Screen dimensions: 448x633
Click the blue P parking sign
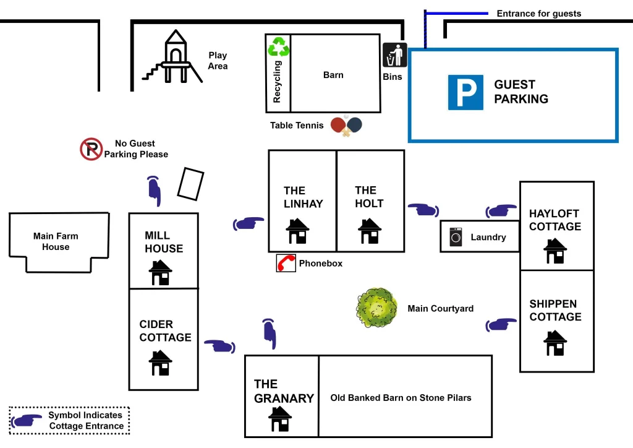point(465,92)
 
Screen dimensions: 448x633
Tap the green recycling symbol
point(278,47)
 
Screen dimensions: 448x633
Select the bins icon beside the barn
point(394,55)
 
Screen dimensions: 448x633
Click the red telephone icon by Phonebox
point(286,263)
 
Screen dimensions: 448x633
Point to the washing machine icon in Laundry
point(456,237)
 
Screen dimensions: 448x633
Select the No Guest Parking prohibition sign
point(91,149)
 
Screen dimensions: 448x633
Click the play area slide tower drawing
point(173,58)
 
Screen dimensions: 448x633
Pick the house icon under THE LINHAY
point(297,231)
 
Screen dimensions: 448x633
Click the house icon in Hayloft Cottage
point(554,251)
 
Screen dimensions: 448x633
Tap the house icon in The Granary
point(280,419)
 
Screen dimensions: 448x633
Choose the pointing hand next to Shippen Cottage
point(501,324)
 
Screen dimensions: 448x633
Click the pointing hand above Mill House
point(154,191)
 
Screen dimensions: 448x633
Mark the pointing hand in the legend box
point(27,421)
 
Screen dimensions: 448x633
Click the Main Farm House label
point(56,241)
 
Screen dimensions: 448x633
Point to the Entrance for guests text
point(538,14)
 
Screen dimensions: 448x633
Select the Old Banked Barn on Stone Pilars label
point(401,398)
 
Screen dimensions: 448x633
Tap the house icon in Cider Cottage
point(161,363)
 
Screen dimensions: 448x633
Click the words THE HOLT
point(369,197)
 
